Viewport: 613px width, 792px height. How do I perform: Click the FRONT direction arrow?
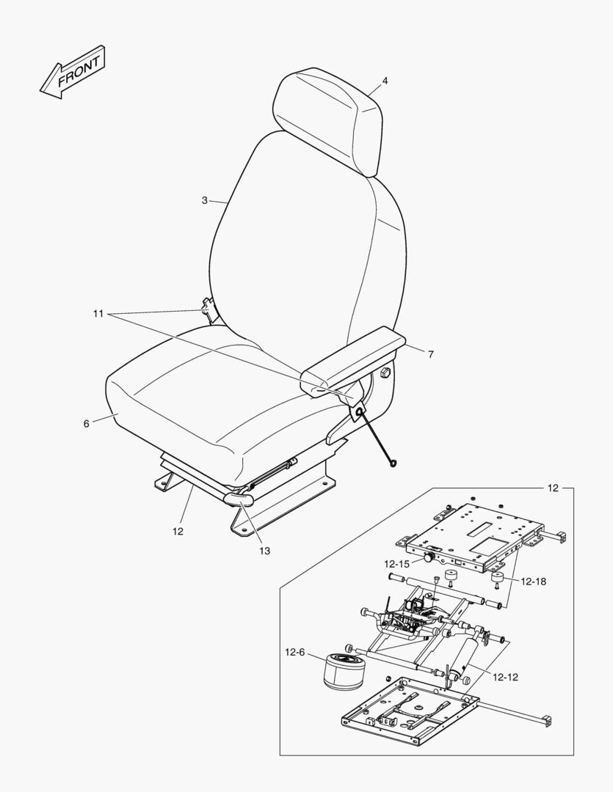click(73, 72)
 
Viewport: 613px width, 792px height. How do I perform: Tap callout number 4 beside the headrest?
click(385, 81)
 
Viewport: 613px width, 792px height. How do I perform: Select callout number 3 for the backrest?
click(204, 200)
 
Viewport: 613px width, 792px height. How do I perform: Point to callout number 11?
click(98, 314)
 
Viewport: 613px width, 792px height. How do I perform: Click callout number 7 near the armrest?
click(430, 355)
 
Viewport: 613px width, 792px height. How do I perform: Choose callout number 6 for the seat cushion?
click(87, 424)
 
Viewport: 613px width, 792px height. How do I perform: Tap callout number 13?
click(264, 551)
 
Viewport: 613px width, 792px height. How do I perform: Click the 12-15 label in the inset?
click(396, 564)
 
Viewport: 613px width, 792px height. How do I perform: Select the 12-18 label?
click(534, 582)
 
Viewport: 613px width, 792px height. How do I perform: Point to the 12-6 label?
click(295, 652)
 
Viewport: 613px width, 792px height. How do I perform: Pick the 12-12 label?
click(505, 678)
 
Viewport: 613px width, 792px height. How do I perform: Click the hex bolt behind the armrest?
click(385, 373)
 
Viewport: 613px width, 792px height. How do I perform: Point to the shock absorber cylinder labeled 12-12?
click(465, 658)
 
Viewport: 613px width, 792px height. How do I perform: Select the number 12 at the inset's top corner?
click(553, 488)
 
